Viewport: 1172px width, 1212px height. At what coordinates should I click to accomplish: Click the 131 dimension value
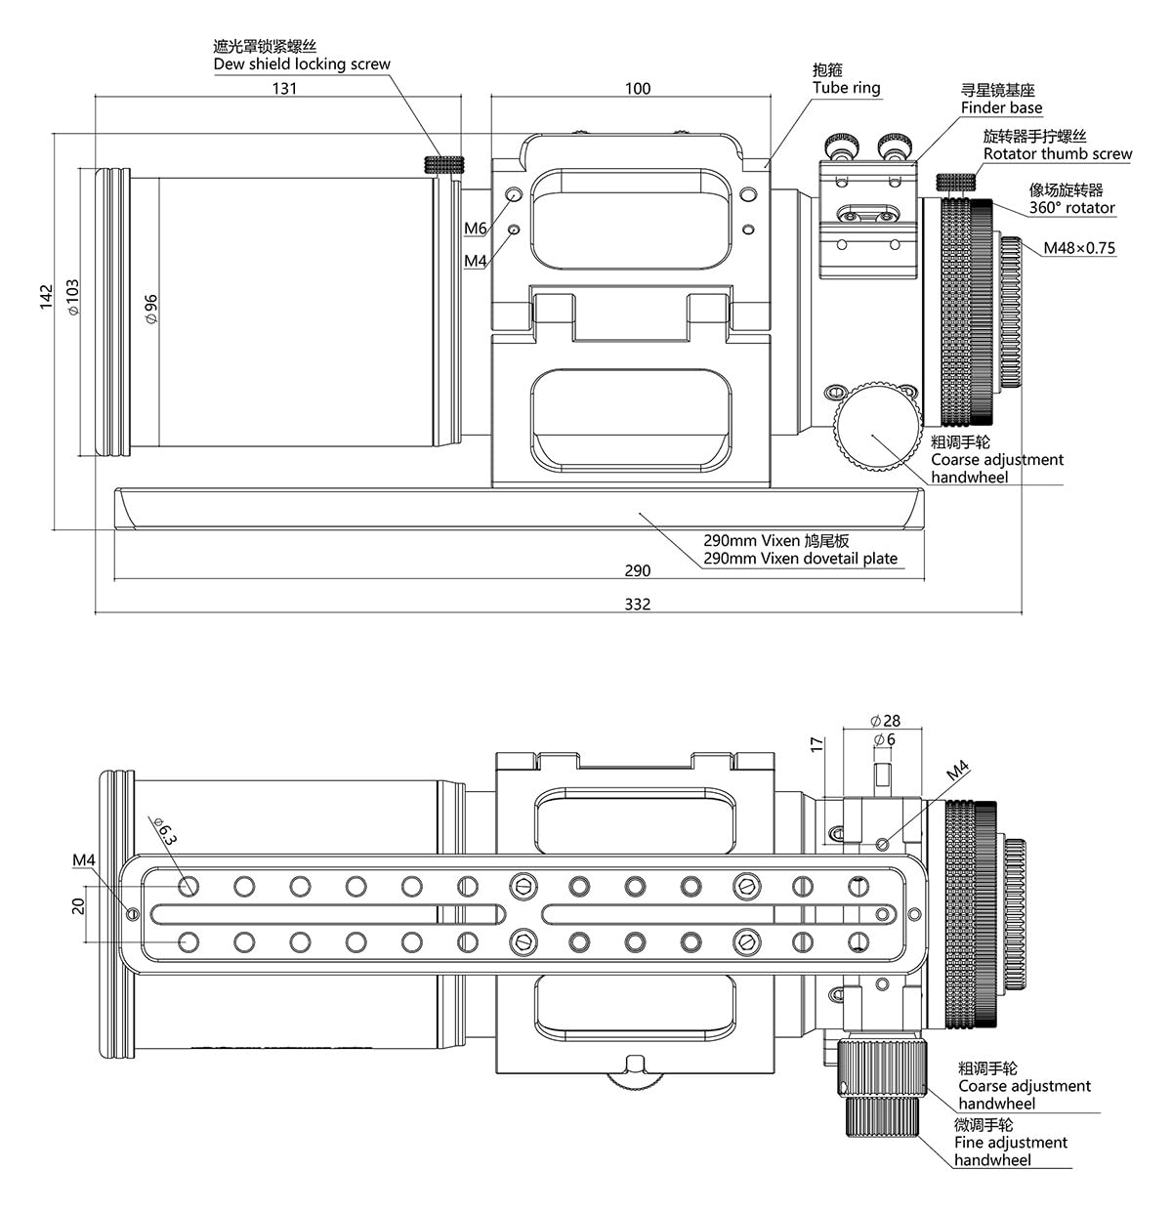[284, 89]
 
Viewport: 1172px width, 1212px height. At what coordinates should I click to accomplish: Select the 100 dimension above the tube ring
[638, 89]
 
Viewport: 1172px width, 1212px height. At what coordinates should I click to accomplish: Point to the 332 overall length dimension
[637, 605]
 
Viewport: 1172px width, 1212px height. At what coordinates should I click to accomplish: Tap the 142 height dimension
[46, 297]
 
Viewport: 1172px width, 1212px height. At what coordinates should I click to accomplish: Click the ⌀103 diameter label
[73, 297]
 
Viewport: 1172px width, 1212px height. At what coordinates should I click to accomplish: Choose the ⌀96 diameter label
[150, 309]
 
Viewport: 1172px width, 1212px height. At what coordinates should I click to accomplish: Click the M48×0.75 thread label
[1079, 248]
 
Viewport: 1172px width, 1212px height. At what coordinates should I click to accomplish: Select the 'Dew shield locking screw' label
[302, 64]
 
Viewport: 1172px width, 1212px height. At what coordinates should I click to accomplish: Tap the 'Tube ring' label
[847, 88]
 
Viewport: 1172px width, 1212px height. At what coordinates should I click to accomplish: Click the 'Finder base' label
[1001, 107]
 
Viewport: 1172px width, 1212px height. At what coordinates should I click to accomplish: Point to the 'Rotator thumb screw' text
[1058, 154]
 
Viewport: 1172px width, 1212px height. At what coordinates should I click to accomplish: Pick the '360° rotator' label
[1071, 207]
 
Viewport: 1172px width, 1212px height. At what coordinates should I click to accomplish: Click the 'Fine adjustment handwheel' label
[1011, 1151]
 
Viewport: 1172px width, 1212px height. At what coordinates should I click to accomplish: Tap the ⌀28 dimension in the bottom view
[885, 721]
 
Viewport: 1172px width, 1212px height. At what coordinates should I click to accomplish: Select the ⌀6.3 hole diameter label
[165, 831]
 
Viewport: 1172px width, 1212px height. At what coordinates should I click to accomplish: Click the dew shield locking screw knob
[444, 164]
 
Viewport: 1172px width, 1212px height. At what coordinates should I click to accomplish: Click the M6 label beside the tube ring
[476, 229]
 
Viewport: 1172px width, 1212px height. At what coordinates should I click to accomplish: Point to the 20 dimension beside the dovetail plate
[78, 906]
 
